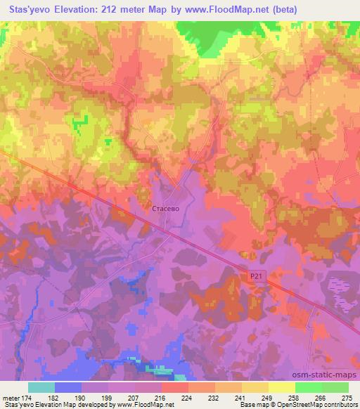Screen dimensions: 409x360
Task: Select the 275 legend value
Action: [x=347, y=397]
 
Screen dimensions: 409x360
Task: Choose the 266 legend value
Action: [x=321, y=397]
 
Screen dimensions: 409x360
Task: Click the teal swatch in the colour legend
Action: [x=41, y=387]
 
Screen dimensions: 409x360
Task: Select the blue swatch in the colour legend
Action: [x=68, y=387]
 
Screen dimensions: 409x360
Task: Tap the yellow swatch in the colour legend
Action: [x=281, y=387]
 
